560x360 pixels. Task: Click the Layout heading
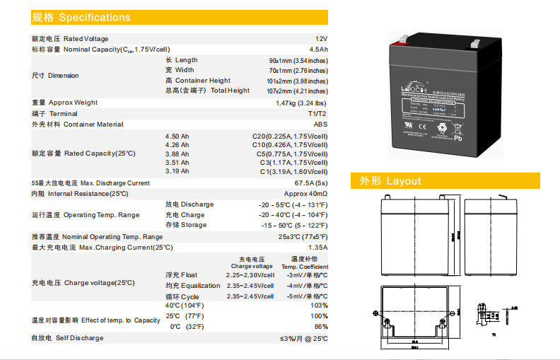coord(390,181)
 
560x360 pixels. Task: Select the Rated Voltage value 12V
coord(321,38)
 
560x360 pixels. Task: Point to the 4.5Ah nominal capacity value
coord(318,50)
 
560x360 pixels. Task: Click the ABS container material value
coord(321,124)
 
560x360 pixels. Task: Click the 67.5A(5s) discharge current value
coord(311,183)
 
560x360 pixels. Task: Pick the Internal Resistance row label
coord(79,194)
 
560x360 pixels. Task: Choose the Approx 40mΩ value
coord(305,194)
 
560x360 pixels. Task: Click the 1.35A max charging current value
coord(318,248)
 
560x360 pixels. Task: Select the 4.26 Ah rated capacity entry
coord(177,145)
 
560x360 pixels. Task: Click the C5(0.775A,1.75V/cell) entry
coord(291,153)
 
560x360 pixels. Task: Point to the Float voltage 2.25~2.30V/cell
coord(250,274)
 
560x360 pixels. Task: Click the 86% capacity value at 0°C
coord(320,327)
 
